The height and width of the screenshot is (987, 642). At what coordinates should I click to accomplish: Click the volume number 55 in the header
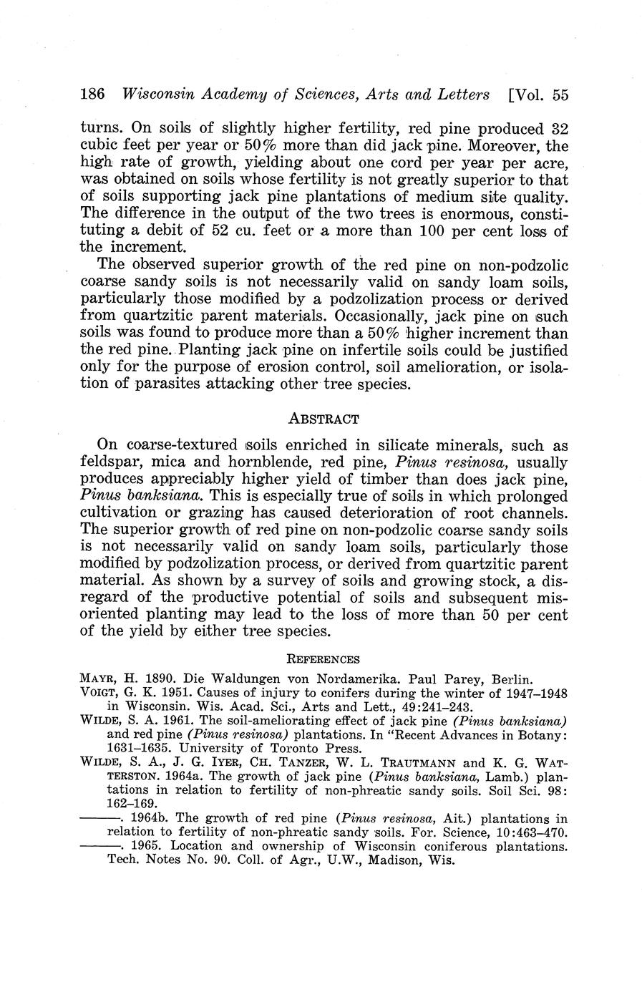coord(560,94)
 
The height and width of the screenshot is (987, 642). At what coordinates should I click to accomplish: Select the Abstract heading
coord(323,418)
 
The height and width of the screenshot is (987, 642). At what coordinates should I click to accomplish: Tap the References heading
coord(323,659)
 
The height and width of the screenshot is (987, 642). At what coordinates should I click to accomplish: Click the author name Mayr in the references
coord(100,678)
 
